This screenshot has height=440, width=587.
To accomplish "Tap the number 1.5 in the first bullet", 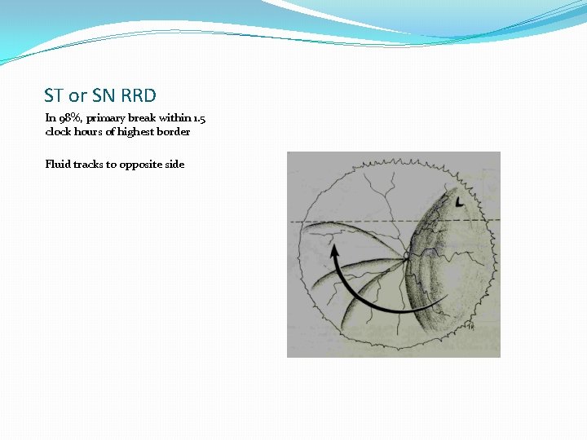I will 210,117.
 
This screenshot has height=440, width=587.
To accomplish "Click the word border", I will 177,131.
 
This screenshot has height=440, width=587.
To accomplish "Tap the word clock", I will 58,131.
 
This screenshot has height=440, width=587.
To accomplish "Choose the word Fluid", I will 57,164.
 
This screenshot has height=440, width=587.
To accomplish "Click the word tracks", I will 88,164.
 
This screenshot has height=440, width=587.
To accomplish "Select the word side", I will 174,164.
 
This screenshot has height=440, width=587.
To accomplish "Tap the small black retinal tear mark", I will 461,201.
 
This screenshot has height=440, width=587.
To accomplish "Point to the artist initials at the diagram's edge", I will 470,327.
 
